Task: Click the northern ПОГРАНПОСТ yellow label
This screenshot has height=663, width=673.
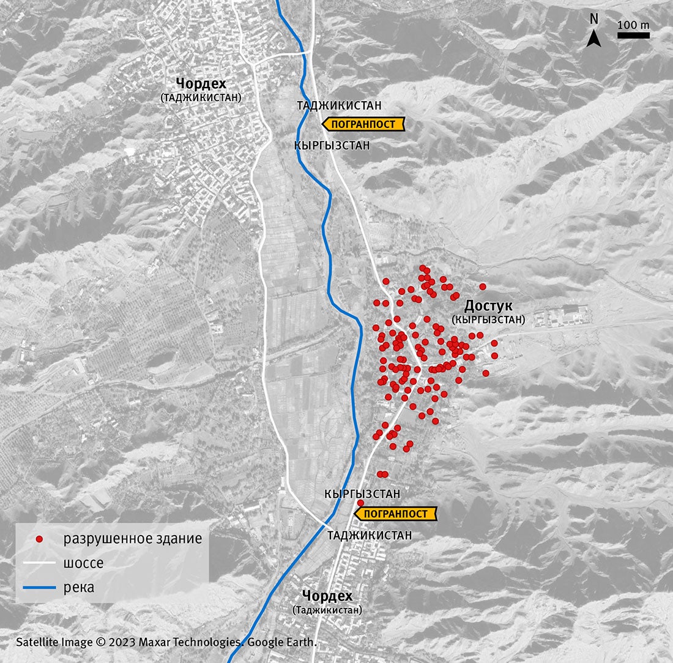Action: pyautogui.click(x=363, y=124)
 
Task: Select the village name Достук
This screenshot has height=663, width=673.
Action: pyautogui.click(x=488, y=306)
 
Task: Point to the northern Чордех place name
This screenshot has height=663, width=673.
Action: pyautogui.click(x=201, y=83)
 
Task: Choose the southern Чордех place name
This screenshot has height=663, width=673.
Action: pyautogui.click(x=327, y=596)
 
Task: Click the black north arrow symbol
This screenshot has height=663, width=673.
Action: pyautogui.click(x=593, y=39)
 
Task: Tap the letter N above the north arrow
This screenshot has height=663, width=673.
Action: pyautogui.click(x=593, y=19)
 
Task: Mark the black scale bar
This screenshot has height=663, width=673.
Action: pyautogui.click(x=633, y=36)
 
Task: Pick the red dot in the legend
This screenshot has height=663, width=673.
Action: pyautogui.click(x=39, y=539)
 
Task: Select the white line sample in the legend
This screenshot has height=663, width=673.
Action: pyautogui.click(x=39, y=564)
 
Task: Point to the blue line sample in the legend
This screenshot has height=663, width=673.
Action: pyautogui.click(x=39, y=588)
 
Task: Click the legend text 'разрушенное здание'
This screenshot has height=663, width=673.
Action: pyautogui.click(x=132, y=539)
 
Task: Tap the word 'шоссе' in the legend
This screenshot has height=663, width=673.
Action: pyautogui.click(x=83, y=564)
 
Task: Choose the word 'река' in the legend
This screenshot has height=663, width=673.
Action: pyautogui.click(x=78, y=588)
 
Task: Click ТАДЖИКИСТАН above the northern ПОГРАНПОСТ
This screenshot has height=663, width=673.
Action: pyautogui.click(x=339, y=105)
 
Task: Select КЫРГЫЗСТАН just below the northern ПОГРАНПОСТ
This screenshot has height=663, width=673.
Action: pyautogui.click(x=332, y=146)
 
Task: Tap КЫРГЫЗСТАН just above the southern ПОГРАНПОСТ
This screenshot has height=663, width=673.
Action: pyautogui.click(x=362, y=493)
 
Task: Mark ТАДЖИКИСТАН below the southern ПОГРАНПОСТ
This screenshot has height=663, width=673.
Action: pyautogui.click(x=370, y=535)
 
